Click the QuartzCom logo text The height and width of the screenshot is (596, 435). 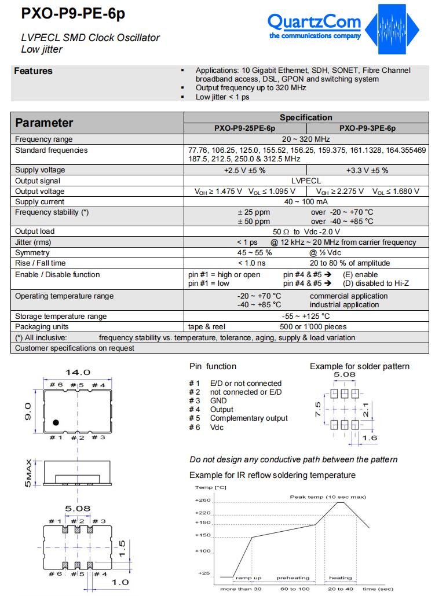pos(314,22)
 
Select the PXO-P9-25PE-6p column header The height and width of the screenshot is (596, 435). pos(245,128)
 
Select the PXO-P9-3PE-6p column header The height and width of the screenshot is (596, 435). pos(367,128)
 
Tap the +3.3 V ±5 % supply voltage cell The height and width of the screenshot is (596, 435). pos(367,170)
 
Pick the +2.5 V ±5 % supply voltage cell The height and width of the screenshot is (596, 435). pos(244,170)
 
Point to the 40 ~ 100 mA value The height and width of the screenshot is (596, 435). pos(306,202)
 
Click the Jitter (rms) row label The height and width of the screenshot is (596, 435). pos(33,242)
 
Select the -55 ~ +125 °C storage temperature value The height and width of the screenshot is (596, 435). pos(306,316)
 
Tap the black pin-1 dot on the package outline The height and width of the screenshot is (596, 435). pos(57,423)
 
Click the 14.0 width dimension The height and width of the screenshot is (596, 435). pos(77,372)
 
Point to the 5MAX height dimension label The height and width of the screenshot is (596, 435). pos(28,474)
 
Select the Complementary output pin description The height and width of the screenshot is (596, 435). pos(248,418)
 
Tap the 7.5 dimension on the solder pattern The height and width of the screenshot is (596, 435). pos(317,409)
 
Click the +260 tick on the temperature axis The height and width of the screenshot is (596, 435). pos(203,499)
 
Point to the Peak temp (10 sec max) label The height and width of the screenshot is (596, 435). pos(328,497)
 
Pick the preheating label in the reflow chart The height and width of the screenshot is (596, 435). pos(293,577)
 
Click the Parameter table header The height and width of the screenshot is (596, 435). pos(44,123)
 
